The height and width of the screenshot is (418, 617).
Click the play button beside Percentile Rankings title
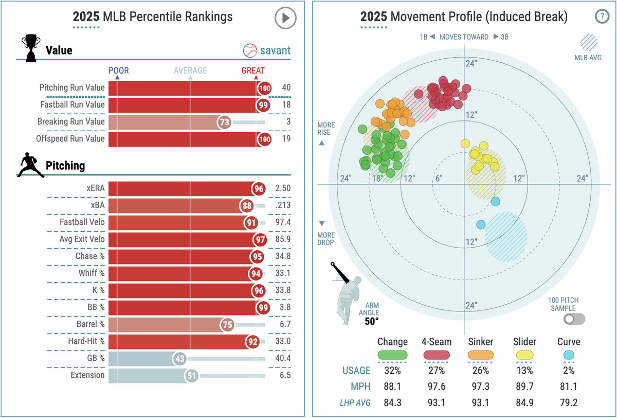[x=285, y=18]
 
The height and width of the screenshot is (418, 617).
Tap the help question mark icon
[x=601, y=16]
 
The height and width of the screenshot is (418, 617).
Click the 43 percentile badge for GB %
[x=179, y=358]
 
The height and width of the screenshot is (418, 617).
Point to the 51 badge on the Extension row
[x=192, y=375]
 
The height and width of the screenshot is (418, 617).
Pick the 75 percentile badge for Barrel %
[x=227, y=324]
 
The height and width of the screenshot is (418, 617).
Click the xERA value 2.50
[x=283, y=188]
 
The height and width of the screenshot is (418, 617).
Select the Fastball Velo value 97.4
[x=283, y=222]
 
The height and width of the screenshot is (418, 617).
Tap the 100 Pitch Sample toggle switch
[x=574, y=319]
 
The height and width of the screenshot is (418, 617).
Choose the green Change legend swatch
[x=392, y=355]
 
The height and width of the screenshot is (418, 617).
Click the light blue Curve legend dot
[x=568, y=355]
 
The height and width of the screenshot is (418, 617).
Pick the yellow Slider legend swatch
[x=524, y=355]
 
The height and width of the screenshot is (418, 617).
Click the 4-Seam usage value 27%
[x=437, y=371]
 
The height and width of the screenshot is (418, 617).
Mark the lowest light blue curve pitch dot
[x=481, y=224]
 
